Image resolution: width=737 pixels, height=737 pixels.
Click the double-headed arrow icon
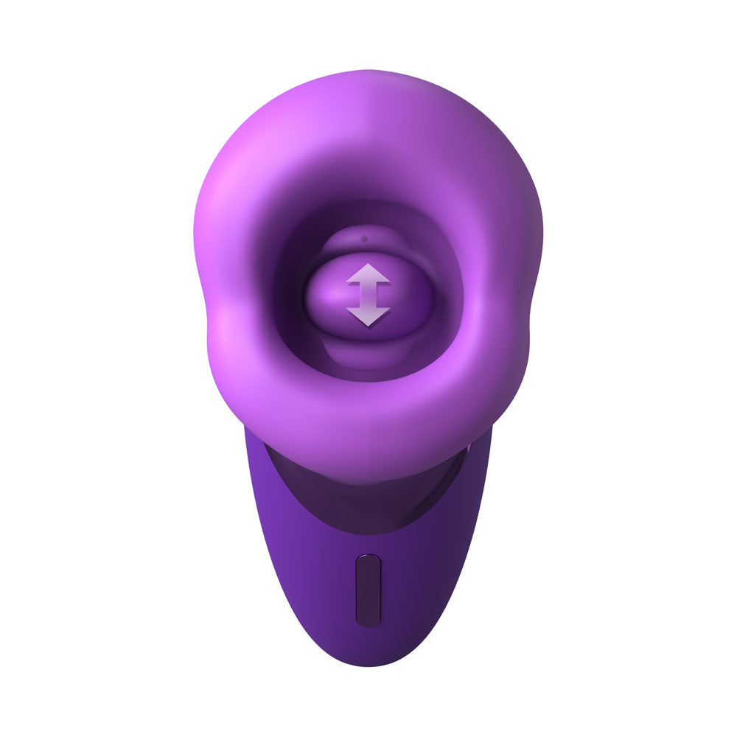(x=368, y=296)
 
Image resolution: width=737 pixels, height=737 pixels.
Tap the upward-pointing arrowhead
(x=368, y=276)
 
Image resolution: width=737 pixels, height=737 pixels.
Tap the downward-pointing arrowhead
(x=368, y=317)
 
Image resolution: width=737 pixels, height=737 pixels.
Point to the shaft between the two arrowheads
(x=368, y=296)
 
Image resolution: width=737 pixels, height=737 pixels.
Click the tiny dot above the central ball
(x=363, y=239)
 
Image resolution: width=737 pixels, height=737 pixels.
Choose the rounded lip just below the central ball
(x=368, y=354)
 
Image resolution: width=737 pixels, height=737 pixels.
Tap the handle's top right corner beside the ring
(x=483, y=439)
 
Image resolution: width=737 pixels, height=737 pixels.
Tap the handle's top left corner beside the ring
(x=251, y=439)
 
